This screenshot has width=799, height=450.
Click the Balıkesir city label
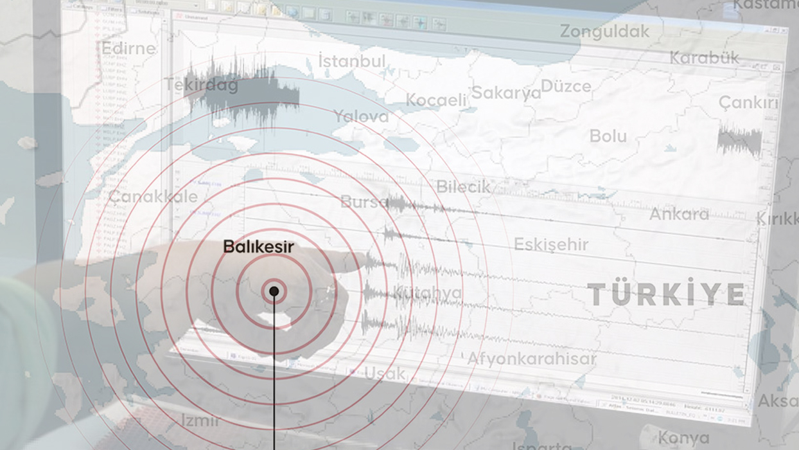[258, 247]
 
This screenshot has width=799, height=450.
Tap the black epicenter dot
[274, 291]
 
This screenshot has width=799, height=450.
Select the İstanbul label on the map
[352, 62]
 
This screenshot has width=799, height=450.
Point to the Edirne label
[128, 48]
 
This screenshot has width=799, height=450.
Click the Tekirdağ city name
[201, 85]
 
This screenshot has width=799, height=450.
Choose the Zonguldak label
[604, 31]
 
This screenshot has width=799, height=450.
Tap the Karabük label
[704, 58]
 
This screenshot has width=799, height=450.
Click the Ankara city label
[679, 214]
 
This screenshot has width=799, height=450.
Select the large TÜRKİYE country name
[666, 294]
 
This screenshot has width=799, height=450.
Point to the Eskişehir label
[551, 244]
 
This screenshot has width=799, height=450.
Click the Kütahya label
[427, 293]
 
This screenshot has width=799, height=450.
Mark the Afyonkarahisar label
[532, 359]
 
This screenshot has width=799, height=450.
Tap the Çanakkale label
[153, 197]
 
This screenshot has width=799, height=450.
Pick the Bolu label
[608, 136]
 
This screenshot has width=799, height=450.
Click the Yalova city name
[361, 116]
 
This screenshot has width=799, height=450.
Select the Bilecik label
[463, 187]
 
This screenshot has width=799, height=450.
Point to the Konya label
[683, 438]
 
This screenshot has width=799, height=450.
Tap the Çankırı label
[748, 103]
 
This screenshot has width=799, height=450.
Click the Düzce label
[566, 86]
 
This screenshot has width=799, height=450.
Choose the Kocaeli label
[436, 100]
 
